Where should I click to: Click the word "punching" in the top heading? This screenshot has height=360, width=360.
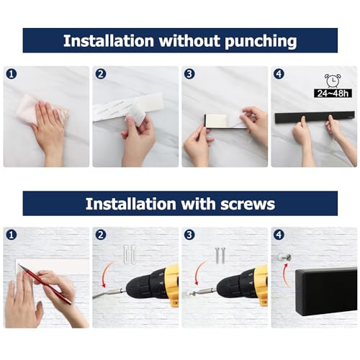point(253,41)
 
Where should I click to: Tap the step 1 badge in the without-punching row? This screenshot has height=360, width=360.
point(11,73)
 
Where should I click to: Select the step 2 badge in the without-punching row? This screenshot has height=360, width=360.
point(100,73)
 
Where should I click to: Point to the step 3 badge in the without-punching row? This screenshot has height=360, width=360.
point(189,73)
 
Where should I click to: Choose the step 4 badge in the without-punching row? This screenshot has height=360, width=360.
point(279,73)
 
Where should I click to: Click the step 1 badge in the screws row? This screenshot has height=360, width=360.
point(11,235)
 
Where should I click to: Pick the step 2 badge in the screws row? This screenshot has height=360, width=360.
point(100,235)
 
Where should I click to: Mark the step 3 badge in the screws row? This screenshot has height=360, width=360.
point(189,235)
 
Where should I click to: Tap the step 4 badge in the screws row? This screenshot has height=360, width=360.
point(279,235)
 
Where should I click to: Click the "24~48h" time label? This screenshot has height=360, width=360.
point(333,93)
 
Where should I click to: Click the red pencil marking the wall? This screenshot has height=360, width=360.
point(45,283)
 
